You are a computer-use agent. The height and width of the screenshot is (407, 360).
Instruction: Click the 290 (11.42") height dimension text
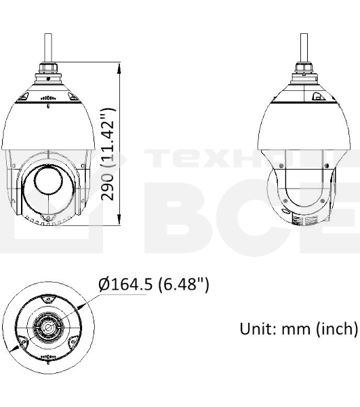(108, 155)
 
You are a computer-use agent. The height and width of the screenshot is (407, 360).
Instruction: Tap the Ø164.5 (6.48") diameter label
(153, 284)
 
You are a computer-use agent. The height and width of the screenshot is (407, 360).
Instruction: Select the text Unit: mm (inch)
(299, 329)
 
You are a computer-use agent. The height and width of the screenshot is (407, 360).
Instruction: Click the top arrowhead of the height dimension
(119, 68)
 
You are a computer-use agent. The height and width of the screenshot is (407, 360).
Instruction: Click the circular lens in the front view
(49, 180)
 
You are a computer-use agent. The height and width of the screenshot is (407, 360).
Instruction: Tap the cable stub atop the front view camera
(48, 47)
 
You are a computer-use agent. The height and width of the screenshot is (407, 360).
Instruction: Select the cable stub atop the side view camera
(304, 47)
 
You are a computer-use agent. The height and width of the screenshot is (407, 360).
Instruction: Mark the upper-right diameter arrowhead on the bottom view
(81, 307)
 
